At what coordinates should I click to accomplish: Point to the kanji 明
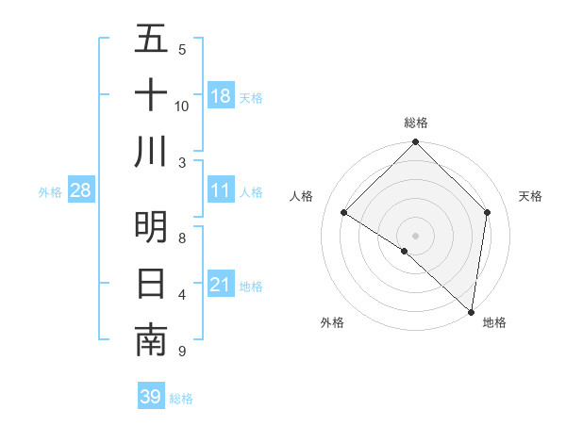[x=151, y=227]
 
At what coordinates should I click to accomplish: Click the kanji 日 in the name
[x=151, y=283]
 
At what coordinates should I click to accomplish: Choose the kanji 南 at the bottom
[x=151, y=340]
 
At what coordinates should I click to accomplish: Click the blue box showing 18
[x=221, y=96]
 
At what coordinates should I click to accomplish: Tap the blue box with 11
[x=221, y=191]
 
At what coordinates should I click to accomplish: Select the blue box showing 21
[x=221, y=285]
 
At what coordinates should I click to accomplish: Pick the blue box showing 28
[x=81, y=191]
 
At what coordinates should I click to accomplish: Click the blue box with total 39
[x=151, y=397]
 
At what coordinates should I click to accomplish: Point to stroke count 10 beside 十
[x=182, y=106]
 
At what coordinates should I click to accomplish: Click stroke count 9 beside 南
[x=181, y=352]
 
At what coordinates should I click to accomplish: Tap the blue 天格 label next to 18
[x=251, y=97]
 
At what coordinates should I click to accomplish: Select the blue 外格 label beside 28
[x=50, y=192]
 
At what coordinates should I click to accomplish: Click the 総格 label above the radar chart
[x=416, y=123]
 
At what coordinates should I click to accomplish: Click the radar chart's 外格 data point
[x=405, y=252]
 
